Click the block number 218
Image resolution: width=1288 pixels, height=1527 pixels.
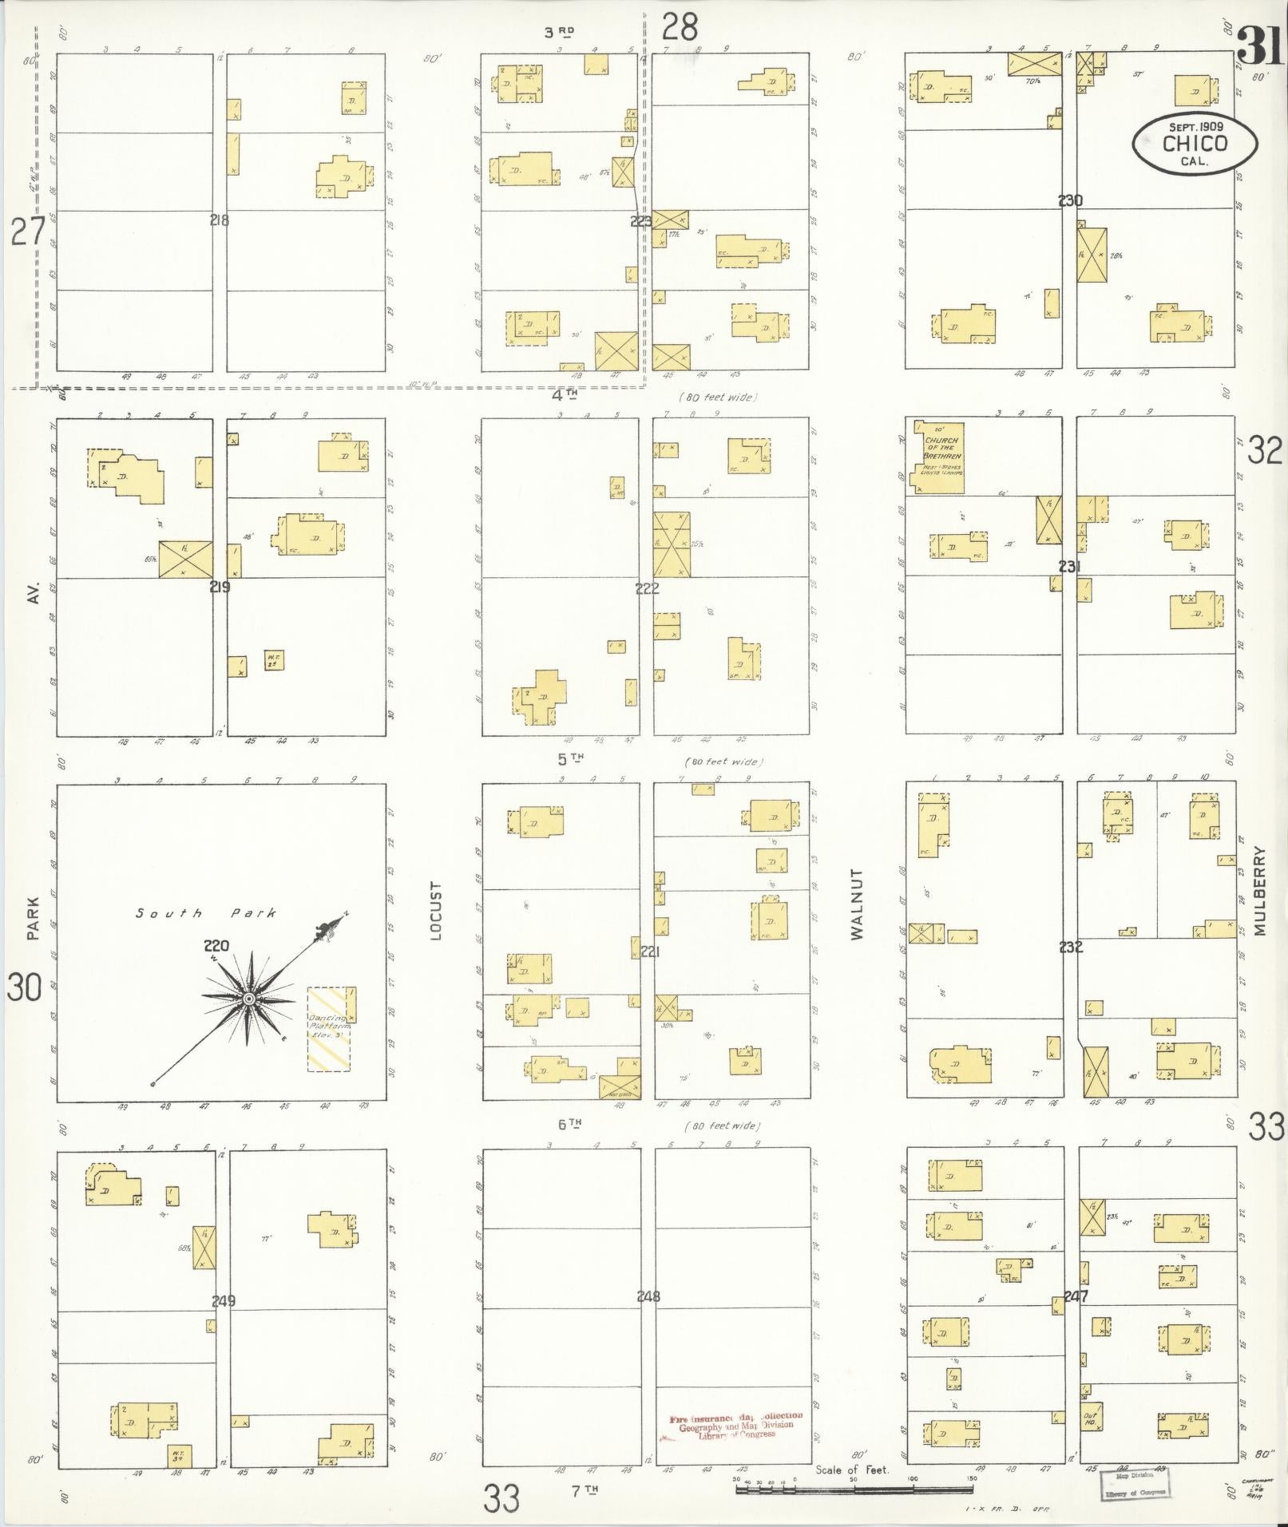pyautogui.click(x=219, y=220)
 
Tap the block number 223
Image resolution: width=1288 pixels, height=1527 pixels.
pyautogui.click(x=641, y=221)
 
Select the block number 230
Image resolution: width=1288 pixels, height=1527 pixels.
pyautogui.click(x=1070, y=200)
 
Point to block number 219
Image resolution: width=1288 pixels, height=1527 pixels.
pyautogui.click(x=220, y=587)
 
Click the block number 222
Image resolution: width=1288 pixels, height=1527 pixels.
pyautogui.click(x=647, y=589)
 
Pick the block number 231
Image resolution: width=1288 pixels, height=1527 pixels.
pyautogui.click(x=1069, y=567)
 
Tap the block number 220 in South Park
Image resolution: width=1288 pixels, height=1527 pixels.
pyautogui.click(x=216, y=946)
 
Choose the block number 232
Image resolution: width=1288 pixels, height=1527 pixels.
pyautogui.click(x=1070, y=947)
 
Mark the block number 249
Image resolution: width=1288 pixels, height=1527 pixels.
pyautogui.click(x=224, y=1301)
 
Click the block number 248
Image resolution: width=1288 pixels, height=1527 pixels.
pyautogui.click(x=648, y=1296)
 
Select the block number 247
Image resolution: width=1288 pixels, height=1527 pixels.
pyautogui.click(x=1076, y=1296)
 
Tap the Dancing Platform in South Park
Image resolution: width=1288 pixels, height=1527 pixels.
pyautogui.click(x=328, y=1030)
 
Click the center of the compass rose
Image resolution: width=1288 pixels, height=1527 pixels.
pyautogui.click(x=249, y=999)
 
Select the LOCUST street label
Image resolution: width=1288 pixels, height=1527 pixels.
pyautogui.click(x=436, y=911)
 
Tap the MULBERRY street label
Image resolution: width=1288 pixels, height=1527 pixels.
pyautogui.click(x=1260, y=891)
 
